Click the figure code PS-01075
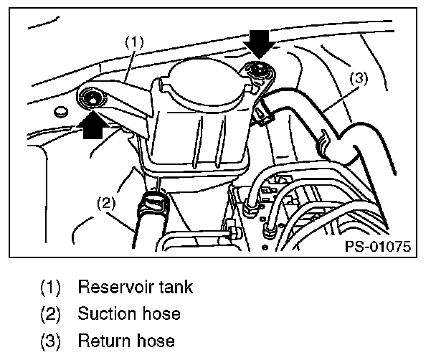[376, 247]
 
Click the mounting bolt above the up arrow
[93, 98]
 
